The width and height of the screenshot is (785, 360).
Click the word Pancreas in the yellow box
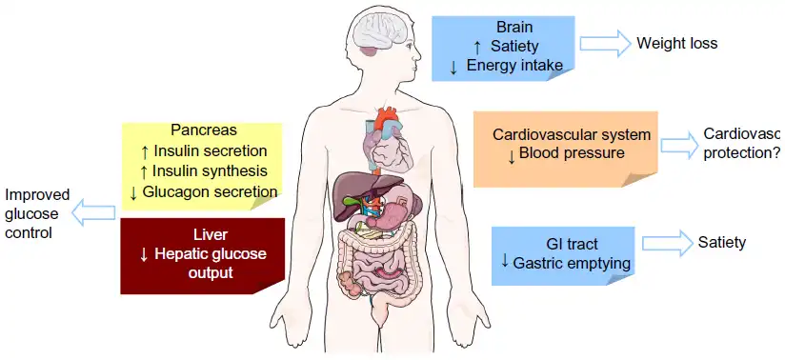203,130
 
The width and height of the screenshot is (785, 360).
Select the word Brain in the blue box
515,27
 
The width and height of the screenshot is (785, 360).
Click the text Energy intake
518,65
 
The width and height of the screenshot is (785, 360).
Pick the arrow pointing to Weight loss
606,43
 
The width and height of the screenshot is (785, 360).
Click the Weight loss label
676,43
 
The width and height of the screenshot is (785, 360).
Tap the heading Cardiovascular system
572,134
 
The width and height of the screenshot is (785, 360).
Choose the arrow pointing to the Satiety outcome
665,243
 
